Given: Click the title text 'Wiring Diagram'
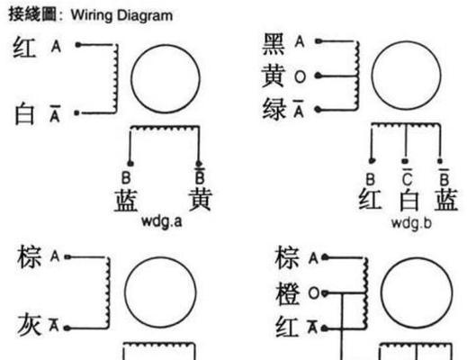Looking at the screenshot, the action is [121, 15].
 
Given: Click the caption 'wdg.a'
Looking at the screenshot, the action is [161, 221].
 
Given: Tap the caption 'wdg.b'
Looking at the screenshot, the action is [411, 223].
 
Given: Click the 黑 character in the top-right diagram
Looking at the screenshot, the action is [274, 44].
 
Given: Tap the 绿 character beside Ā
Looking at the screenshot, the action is [274, 110].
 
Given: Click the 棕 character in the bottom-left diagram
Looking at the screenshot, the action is [29, 256].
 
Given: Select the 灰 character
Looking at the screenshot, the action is [29, 325].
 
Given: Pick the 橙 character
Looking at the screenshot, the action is [288, 293].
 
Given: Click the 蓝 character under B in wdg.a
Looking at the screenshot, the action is [126, 200].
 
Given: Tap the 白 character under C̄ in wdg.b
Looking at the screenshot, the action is [409, 199].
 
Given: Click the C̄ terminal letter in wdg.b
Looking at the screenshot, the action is [407, 177].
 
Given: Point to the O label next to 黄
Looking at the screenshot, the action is [300, 76].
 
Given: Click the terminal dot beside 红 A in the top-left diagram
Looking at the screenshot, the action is [78, 45].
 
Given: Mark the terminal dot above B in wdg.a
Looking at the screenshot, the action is [130, 164].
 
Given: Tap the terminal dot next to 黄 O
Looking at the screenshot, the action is [319, 76].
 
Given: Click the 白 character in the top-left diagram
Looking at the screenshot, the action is [25, 113].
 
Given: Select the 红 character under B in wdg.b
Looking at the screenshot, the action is [371, 199].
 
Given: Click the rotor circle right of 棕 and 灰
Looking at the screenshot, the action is [125, 292].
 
